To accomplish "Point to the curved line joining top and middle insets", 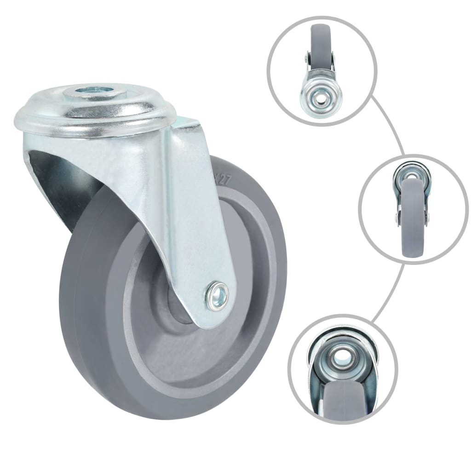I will (391, 124).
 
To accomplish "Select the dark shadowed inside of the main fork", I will (64, 184).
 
